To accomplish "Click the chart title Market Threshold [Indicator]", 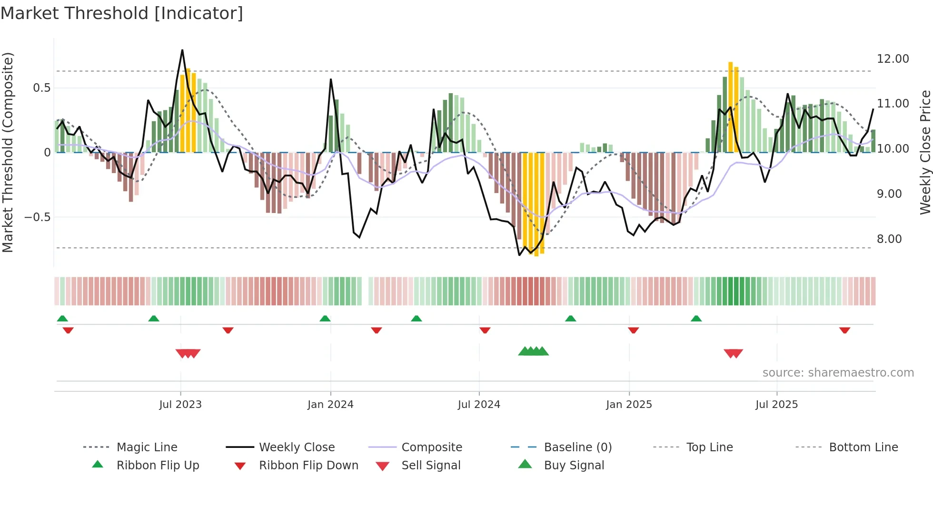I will click(122, 13).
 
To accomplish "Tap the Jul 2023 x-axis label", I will click(180, 405).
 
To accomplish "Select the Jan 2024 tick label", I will click(330, 405).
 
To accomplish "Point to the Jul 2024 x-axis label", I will click(479, 405).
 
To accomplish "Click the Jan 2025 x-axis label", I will click(629, 405).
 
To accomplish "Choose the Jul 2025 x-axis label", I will click(776, 405).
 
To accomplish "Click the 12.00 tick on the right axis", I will click(893, 59).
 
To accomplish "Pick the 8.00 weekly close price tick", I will click(889, 239).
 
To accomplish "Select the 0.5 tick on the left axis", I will click(41, 88).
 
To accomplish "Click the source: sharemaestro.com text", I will click(838, 373).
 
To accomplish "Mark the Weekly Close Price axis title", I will click(925, 152).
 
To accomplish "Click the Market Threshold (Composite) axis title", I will click(8, 152).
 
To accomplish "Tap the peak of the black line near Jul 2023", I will click(182, 50).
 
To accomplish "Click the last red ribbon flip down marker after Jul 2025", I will click(844, 330).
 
